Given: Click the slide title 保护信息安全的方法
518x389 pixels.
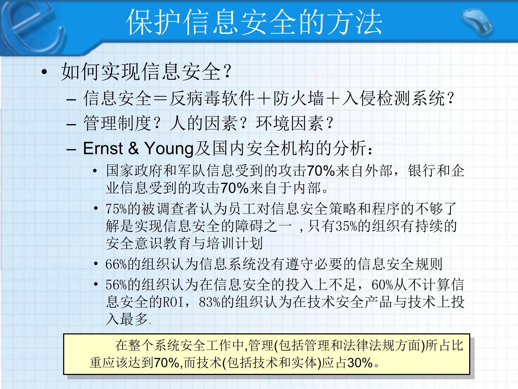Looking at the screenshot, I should coord(254,22).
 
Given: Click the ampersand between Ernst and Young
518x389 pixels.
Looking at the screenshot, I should coord(134,148).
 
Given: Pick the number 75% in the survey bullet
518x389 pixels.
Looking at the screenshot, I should coord(116,209).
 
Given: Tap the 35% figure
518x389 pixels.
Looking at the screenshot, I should coord(346,226).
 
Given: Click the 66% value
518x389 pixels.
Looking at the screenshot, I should coord(116,264).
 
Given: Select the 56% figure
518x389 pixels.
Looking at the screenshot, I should coord(116,285).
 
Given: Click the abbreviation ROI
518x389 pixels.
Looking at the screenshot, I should coord(173,302).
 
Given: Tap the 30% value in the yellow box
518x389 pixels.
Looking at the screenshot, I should coord(360,363).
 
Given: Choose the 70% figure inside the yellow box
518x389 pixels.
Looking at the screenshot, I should coord(166,363).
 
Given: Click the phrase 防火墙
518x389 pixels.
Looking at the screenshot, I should coord(298,98).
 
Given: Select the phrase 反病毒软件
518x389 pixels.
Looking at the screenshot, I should coord(212,98).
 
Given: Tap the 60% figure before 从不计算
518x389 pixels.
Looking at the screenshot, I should coord(382,285).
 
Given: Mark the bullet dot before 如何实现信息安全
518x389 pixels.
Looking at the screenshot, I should coord(44,72).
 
